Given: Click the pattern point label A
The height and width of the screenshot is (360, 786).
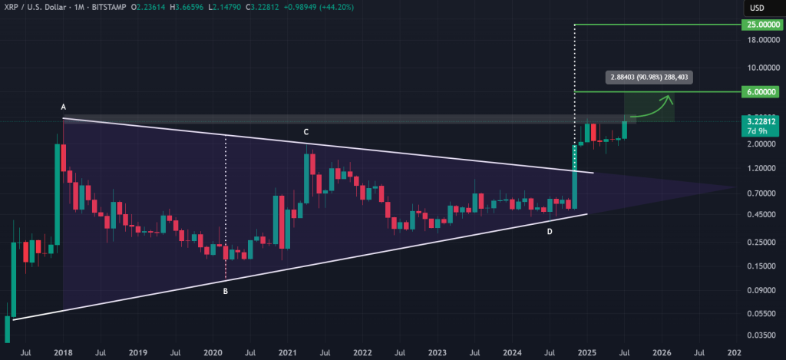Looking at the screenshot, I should (x=63, y=108).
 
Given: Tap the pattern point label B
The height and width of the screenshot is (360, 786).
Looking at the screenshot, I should (x=226, y=291).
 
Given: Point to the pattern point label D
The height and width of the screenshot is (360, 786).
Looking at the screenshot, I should (x=549, y=231).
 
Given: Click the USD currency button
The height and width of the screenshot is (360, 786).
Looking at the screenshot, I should (x=757, y=8).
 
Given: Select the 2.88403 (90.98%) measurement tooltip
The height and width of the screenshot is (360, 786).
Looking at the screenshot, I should (x=649, y=77).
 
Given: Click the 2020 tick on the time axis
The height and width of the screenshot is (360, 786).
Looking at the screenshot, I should (x=213, y=353).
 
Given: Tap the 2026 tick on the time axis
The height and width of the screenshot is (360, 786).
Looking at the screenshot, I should (x=661, y=353).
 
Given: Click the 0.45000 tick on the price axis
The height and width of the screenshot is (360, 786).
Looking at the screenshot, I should (x=758, y=215).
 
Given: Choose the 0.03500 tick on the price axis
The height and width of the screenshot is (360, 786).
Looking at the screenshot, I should (x=758, y=336).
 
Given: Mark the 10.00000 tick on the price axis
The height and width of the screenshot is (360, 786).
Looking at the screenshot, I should (x=758, y=68).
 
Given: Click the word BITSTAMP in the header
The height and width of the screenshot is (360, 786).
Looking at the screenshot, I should (x=105, y=8).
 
